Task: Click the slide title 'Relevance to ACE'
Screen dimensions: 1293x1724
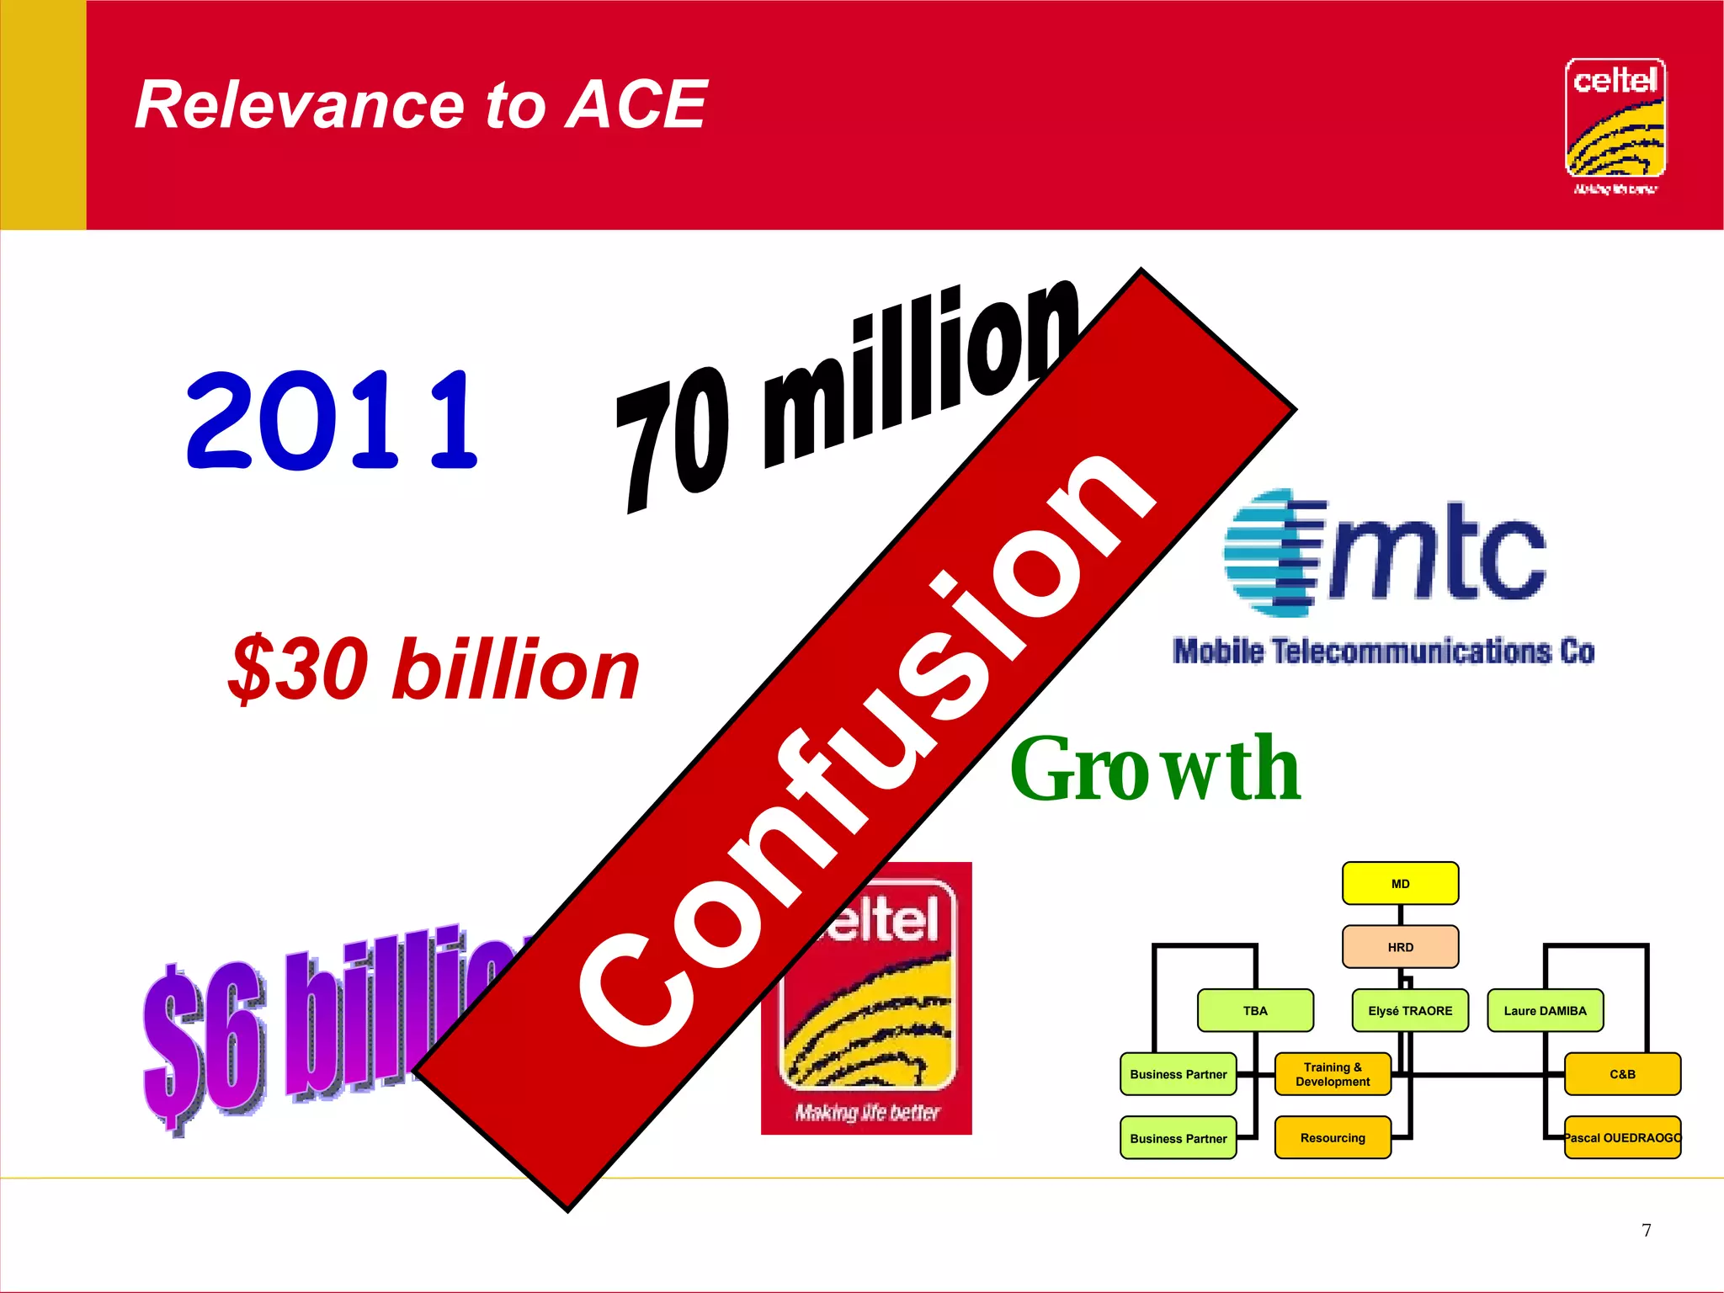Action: (421, 104)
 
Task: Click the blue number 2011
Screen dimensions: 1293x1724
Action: (332, 421)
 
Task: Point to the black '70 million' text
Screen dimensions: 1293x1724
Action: (842, 396)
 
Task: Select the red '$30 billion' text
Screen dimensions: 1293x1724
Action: (434, 669)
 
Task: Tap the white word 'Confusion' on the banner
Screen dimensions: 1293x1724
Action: (867, 749)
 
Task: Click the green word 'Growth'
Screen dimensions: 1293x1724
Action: (1155, 769)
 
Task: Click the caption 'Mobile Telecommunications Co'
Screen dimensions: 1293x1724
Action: (1384, 652)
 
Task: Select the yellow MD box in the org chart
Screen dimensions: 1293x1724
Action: (1400, 883)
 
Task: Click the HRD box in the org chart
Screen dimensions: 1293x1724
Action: (1400, 947)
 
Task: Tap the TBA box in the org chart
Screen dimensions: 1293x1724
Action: (1254, 1010)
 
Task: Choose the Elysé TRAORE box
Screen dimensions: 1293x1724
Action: (1410, 1010)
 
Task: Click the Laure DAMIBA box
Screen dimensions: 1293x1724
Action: (1545, 1010)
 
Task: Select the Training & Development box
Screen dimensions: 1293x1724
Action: (1332, 1074)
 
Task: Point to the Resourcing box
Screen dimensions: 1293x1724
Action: (1332, 1138)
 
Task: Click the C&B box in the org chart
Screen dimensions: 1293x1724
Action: (1622, 1074)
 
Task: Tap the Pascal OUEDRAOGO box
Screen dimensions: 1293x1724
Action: (1622, 1138)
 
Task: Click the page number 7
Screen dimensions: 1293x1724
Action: (1647, 1230)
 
